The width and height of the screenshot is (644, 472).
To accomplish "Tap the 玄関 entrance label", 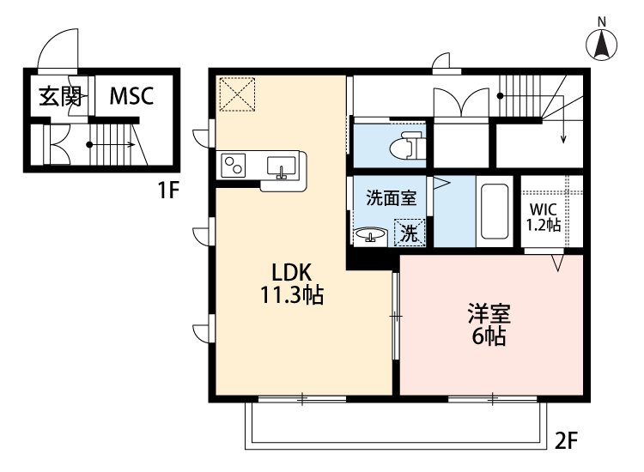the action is [60, 96].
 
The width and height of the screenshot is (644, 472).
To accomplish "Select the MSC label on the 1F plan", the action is [131, 95].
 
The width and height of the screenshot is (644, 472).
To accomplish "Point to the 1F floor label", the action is [169, 190].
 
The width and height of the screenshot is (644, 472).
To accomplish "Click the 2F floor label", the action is [567, 441].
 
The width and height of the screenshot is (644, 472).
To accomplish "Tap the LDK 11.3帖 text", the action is [292, 283].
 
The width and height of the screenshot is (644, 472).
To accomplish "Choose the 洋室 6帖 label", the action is [489, 324].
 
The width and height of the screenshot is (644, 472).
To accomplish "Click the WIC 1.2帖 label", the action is [544, 217].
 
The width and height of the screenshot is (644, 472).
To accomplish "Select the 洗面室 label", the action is [391, 198].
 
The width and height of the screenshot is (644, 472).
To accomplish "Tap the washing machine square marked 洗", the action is [410, 233].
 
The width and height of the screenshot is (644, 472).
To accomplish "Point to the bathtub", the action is [495, 211].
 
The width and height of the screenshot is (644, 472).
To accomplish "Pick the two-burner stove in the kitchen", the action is [234, 166].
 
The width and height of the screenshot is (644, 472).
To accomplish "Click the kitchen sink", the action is [281, 166].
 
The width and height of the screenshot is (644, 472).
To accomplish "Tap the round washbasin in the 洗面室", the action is [370, 236].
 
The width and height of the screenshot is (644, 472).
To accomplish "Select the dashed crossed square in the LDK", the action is [237, 94].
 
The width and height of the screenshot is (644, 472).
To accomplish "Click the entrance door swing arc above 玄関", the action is [57, 46].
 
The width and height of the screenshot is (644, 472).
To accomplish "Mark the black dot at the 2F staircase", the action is [500, 96].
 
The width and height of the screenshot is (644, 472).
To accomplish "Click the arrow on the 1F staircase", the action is [111, 144].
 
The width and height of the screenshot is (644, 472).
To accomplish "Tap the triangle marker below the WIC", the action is [558, 263].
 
